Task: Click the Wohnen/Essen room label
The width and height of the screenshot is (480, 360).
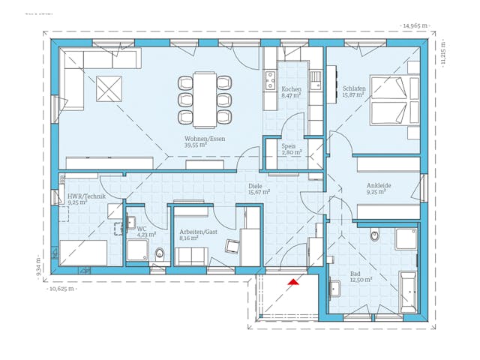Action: coord(205,139)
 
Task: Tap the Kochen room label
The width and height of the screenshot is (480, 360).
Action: coord(290,88)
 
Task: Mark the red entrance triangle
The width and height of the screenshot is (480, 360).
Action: coord(292,281)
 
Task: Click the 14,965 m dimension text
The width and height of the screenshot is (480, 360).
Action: coord(415,25)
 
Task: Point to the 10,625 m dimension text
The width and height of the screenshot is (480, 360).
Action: coord(63,287)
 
